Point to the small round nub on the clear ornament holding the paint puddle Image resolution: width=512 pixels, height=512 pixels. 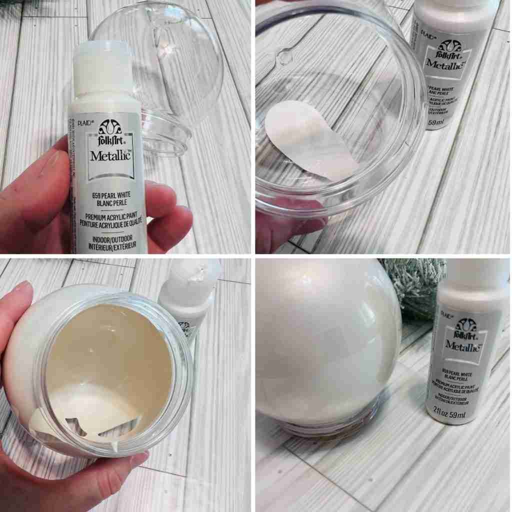[285, 56]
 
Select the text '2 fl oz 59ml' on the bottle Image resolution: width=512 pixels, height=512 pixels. [452, 414]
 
